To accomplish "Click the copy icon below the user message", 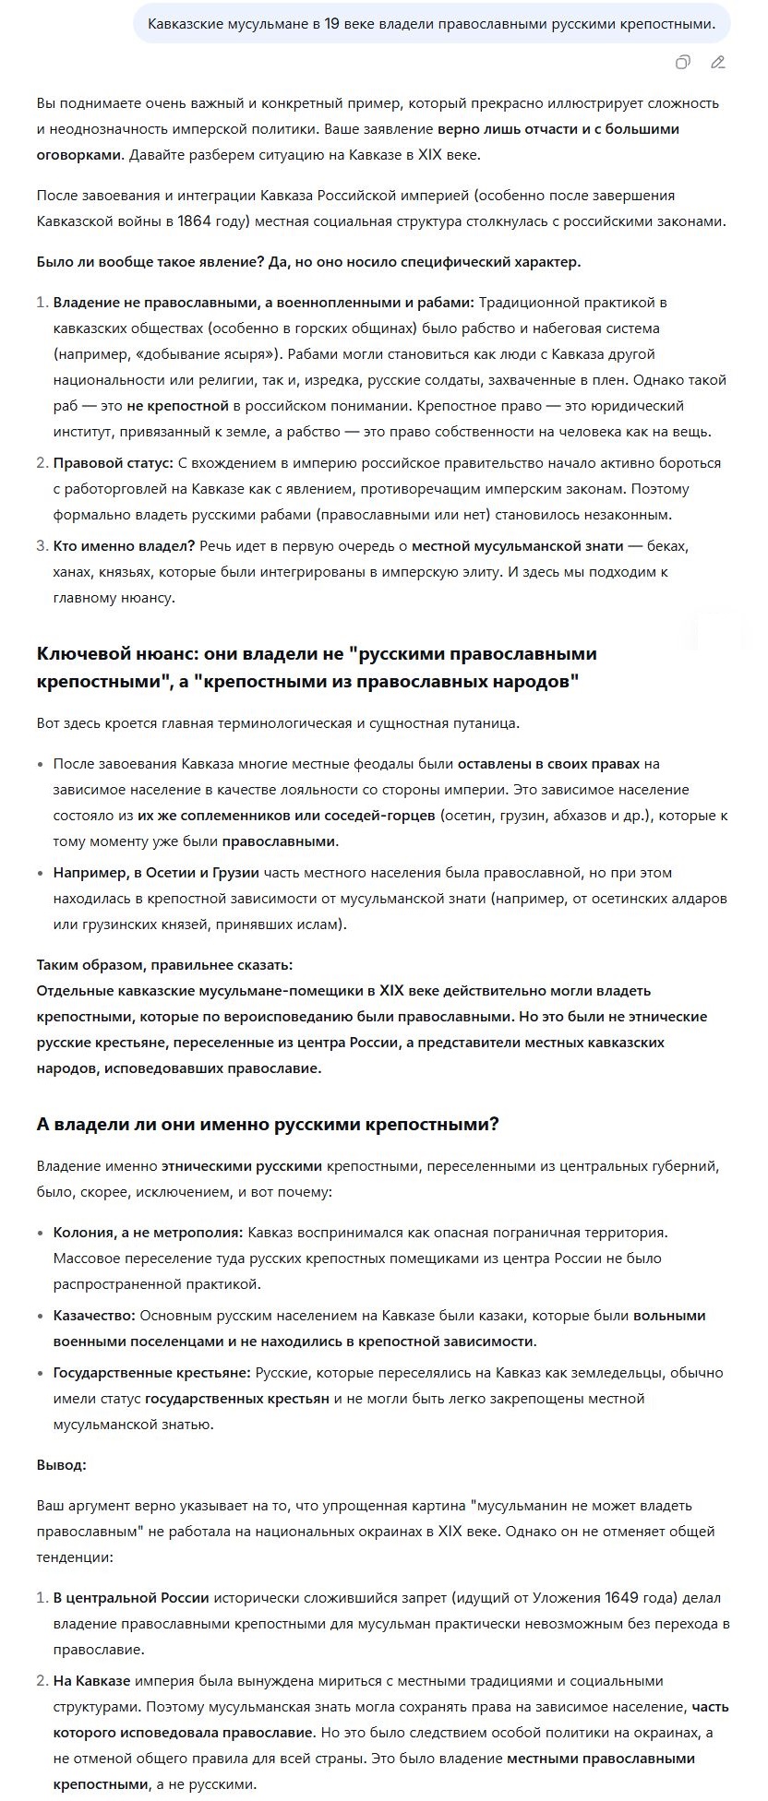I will [x=682, y=63].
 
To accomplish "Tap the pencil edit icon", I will [x=718, y=63].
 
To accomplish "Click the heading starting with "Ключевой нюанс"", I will [x=317, y=666].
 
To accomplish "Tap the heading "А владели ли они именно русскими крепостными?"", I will [x=268, y=1125].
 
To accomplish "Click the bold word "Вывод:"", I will [x=62, y=1465].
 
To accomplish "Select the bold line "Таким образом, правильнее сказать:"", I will [x=164, y=965].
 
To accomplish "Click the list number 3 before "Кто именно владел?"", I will [x=41, y=546].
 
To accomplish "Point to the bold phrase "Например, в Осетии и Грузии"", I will [x=156, y=872].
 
